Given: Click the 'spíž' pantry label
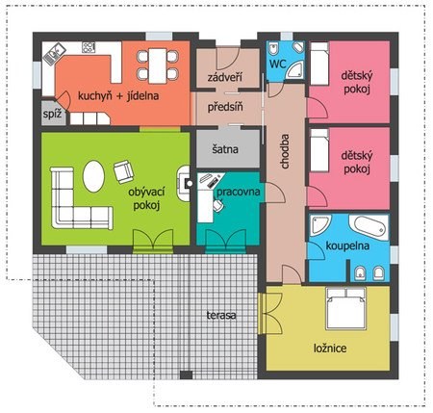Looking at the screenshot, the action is click(52, 114).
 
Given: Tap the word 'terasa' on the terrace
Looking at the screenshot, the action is click(221, 315).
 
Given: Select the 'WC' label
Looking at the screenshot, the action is click(277, 64).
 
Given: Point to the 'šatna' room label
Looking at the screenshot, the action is click(225, 149).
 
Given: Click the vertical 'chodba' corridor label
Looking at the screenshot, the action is click(285, 151).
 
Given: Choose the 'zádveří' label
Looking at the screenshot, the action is click(224, 77).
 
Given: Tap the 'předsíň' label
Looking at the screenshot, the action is click(225, 107).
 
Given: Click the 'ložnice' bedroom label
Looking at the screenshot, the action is click(330, 348).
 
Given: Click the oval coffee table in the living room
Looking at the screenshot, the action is click(93, 176).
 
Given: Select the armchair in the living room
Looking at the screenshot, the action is click(123, 171).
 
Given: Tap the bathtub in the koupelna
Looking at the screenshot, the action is click(369, 227).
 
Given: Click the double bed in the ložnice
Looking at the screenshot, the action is click(345, 308).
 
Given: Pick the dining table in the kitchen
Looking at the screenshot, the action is click(158, 65).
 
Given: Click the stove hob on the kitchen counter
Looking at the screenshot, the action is click(89, 47).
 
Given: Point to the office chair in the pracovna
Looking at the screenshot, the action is click(218, 205).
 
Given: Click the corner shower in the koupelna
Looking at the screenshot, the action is click(319, 225).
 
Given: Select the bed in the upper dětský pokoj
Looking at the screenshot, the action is click(319, 64).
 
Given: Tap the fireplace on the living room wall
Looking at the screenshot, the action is click(184, 183).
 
